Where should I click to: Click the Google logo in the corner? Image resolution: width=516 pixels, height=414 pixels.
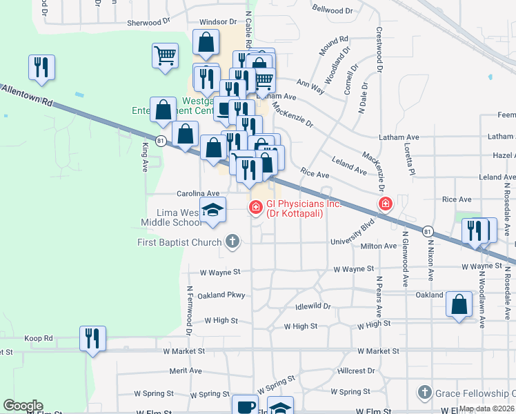[x=23, y=406]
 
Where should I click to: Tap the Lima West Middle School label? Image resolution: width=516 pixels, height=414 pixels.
[x=168, y=217]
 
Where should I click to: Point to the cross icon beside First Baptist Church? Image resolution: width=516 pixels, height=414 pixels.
[x=232, y=241]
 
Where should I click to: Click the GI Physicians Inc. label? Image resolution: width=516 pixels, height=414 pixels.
[x=295, y=208]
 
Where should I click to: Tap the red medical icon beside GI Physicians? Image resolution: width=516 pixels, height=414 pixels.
[x=256, y=206]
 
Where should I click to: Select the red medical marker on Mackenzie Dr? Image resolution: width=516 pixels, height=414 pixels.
[x=385, y=204]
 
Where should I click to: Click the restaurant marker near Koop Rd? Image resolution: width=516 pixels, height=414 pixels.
[x=92, y=338]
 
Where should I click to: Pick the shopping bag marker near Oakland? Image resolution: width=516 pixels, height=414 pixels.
[x=459, y=304]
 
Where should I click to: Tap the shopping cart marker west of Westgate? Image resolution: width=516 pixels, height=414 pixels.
[x=165, y=55]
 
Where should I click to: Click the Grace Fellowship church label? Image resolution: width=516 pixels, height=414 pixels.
[x=475, y=393]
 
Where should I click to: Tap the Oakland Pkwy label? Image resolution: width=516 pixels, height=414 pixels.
[x=221, y=295]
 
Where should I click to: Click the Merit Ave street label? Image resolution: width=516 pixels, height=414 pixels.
[x=186, y=371]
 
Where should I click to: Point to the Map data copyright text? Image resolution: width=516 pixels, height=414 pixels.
[x=487, y=408]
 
